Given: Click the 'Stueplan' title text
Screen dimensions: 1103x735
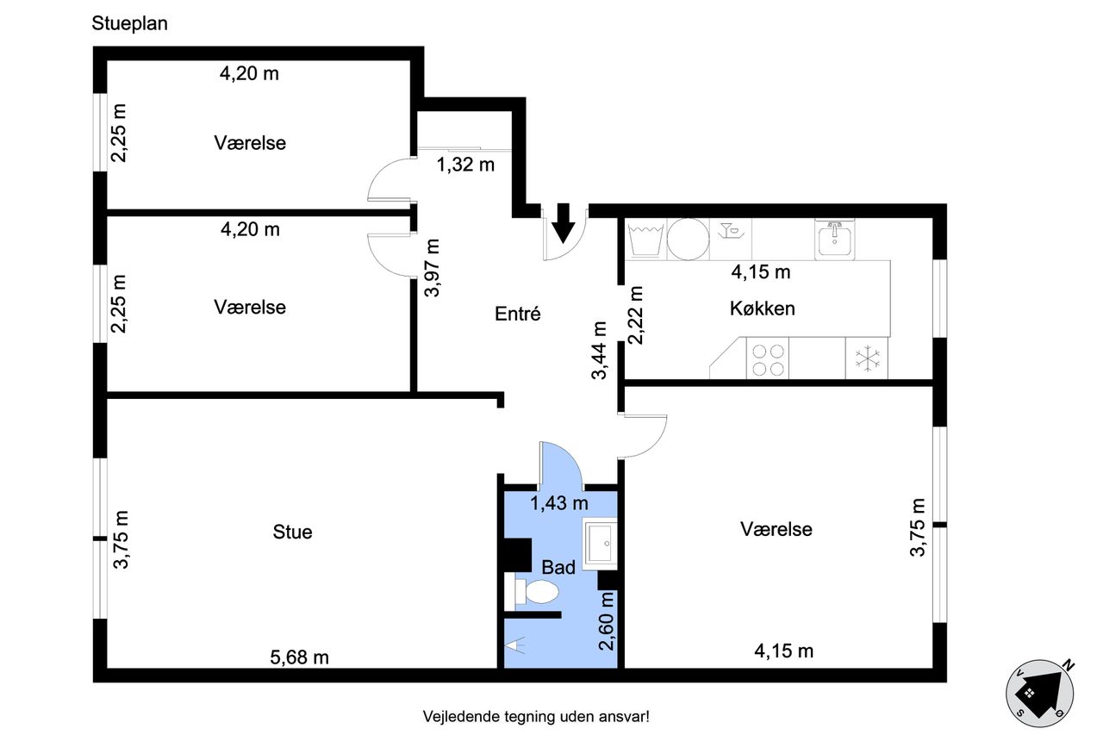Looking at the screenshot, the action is (x=129, y=23).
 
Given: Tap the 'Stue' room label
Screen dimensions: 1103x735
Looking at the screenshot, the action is (x=292, y=533).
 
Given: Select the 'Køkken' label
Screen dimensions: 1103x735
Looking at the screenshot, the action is (x=763, y=308).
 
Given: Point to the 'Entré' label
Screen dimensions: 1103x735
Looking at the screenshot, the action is (x=518, y=314).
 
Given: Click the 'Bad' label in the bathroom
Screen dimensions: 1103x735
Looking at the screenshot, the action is (x=558, y=567).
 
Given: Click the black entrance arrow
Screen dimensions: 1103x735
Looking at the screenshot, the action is (x=563, y=223).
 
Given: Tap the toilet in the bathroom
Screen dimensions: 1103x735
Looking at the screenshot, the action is (x=532, y=591).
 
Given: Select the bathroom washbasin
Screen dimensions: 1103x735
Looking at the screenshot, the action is (x=600, y=544).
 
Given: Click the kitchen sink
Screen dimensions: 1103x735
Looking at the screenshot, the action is (x=835, y=240).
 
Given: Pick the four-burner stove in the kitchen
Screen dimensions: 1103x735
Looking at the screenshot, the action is (x=768, y=358).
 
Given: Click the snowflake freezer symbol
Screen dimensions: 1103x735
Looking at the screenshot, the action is (x=867, y=358).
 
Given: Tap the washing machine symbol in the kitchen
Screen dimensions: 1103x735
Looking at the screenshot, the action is (x=646, y=240).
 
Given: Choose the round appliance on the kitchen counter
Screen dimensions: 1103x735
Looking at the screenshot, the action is (x=688, y=240).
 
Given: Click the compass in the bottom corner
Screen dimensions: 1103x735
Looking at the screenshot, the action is (x=1040, y=693).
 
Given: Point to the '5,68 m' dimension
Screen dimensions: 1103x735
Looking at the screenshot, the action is (x=299, y=657).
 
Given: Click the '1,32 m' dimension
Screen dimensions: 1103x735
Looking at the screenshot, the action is (x=465, y=165).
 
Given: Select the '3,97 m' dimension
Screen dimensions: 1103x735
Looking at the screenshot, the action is (x=432, y=268).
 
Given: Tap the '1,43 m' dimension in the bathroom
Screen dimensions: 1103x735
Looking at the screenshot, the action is (x=559, y=503).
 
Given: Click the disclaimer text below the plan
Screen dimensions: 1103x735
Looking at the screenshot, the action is (x=536, y=716).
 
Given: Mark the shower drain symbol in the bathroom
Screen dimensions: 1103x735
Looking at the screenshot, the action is (x=515, y=645).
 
